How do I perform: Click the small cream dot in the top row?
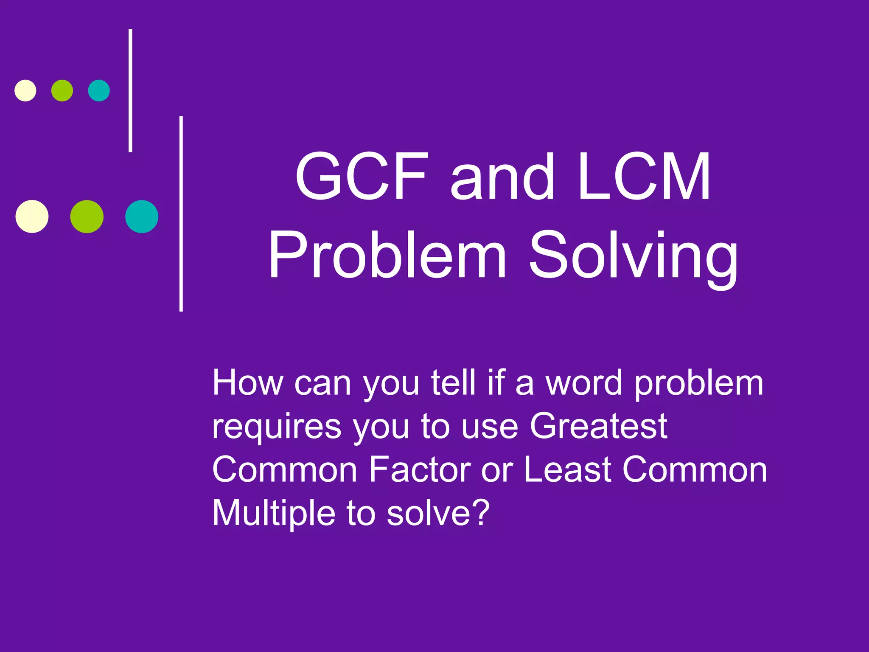point(25,90)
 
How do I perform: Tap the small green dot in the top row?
point(62,90)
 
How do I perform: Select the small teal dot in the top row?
point(99,90)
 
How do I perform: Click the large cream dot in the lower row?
point(32,216)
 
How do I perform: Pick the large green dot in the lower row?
point(87,216)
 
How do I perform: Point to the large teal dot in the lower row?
point(142,216)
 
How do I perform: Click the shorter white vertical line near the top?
point(130,90)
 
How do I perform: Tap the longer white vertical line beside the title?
point(181,214)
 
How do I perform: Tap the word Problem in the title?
point(387,255)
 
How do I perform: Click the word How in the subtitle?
point(247,382)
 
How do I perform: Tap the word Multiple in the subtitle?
point(274,513)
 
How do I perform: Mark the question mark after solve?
point(481,512)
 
